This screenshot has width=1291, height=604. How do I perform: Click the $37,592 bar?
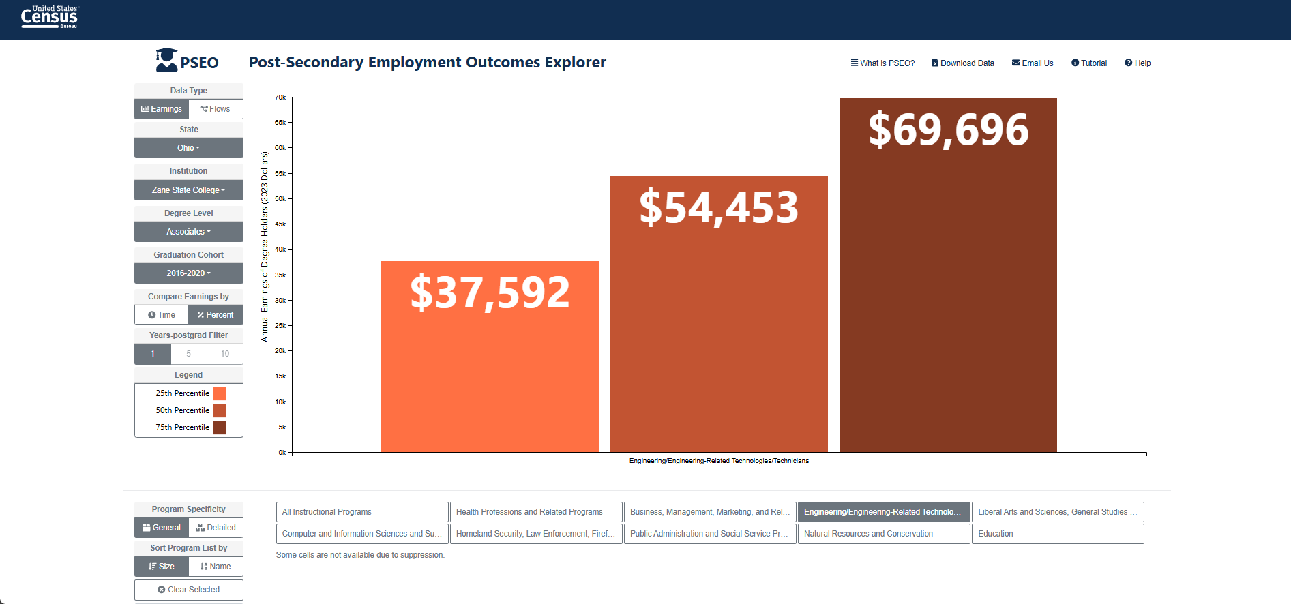pos(490,357)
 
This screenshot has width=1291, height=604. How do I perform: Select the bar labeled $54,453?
pos(719,314)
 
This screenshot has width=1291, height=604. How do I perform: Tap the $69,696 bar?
pos(948,275)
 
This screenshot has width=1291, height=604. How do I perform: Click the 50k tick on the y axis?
pos(280,199)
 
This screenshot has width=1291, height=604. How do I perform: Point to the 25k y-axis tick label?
pos(280,326)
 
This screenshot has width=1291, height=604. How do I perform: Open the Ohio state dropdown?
pos(189,148)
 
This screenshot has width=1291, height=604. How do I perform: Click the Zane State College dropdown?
pos(189,190)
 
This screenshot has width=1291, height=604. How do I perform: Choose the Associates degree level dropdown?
pos(189,232)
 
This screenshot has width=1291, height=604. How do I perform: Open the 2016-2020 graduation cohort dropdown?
pos(189,273)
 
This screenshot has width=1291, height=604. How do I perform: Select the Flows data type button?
pos(216,109)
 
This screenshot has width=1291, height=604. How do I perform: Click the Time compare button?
pos(162,315)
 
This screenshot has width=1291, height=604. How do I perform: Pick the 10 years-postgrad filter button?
pos(225,354)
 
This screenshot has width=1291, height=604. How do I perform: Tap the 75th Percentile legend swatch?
pos(220,427)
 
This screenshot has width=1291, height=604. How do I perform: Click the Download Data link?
pos(963,63)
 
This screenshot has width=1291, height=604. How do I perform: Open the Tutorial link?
pos(1089,63)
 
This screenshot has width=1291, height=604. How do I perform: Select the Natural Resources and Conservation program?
pos(884,534)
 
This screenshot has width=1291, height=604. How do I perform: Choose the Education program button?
pos(1058,534)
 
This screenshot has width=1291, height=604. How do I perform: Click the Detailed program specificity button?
pos(216,528)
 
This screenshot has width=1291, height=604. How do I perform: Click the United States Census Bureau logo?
pos(50,17)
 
